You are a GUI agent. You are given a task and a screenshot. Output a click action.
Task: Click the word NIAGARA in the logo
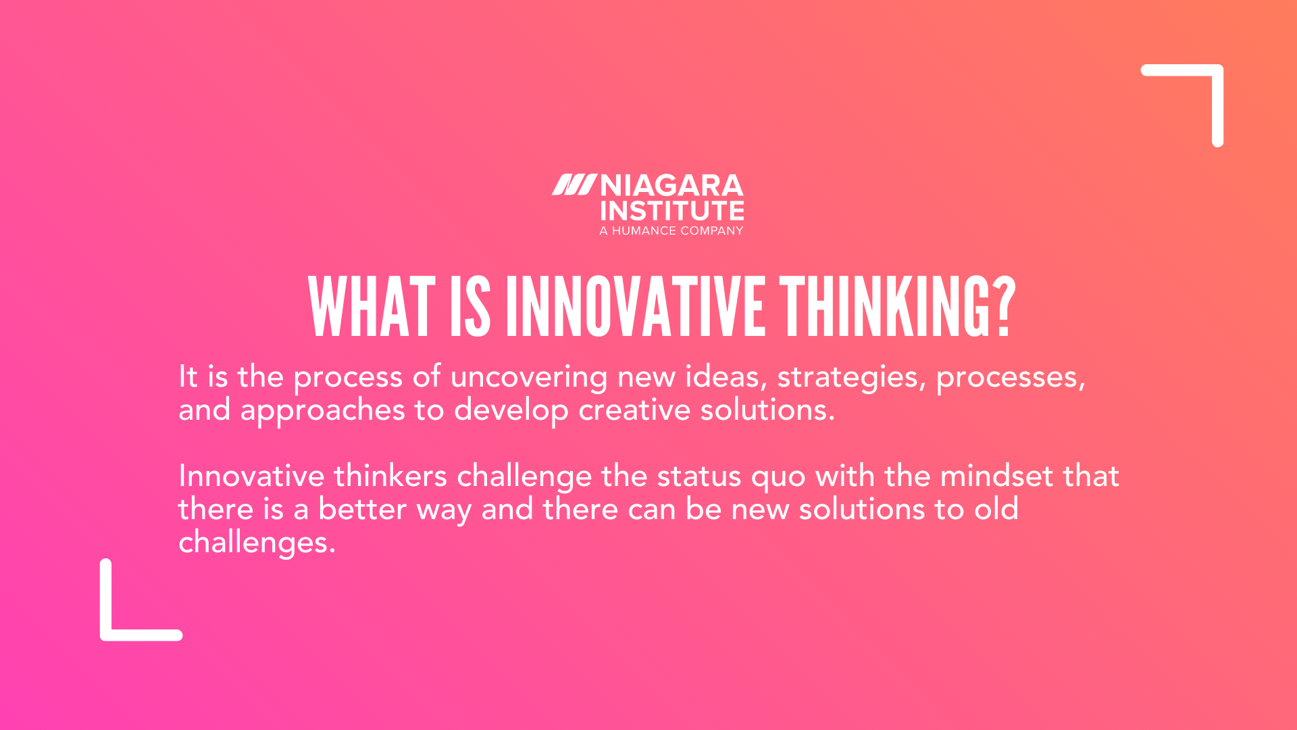pyautogui.click(x=671, y=185)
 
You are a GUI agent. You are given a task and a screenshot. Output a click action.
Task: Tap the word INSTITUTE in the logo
pyautogui.click(x=671, y=211)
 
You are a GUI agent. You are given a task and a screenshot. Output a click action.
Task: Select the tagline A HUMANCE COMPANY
pyautogui.click(x=671, y=231)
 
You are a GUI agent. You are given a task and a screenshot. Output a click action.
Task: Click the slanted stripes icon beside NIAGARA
pyautogui.click(x=574, y=185)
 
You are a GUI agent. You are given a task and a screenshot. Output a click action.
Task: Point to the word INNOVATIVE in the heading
pyautogui.click(x=635, y=308)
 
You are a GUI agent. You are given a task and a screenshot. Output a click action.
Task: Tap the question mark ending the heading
pyautogui.click(x=1006, y=308)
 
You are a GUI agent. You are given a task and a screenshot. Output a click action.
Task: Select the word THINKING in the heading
pyautogui.click(x=885, y=308)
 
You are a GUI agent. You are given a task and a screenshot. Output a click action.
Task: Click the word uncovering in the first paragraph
pyautogui.click(x=528, y=377)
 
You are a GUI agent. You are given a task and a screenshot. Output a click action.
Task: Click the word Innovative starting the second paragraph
pyautogui.click(x=251, y=476)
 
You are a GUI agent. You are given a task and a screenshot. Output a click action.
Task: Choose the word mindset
pyautogui.click(x=996, y=476)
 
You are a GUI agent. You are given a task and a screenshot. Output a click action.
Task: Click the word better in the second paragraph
pyautogui.click(x=362, y=509)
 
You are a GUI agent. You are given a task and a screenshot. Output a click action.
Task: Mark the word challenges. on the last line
pyautogui.click(x=257, y=543)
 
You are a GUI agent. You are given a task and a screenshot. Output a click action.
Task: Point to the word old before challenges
pyautogui.click(x=996, y=509)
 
